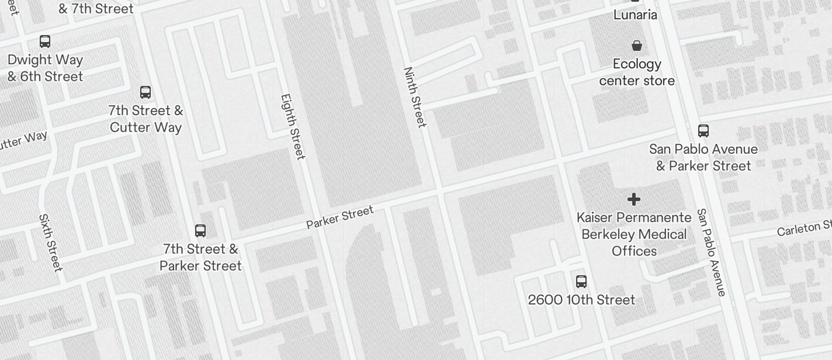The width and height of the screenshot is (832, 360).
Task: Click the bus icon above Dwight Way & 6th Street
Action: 45,41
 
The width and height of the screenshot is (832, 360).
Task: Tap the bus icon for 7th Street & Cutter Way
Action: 145,92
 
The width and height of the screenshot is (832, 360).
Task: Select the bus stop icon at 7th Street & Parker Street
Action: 200,231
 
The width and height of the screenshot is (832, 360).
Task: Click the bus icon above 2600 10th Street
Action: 581,282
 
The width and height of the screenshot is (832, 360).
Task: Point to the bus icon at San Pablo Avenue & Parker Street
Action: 703,131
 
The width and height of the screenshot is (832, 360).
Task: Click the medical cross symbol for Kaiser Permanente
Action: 634,200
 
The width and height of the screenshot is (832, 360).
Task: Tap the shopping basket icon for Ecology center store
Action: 637,46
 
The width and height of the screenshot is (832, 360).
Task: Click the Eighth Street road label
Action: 293,127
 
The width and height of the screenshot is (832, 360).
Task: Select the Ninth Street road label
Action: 415,97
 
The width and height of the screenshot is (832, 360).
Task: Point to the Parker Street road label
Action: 339,217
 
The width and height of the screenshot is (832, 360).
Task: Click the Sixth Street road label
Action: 50,243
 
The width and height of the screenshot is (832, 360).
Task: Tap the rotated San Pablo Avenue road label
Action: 712,252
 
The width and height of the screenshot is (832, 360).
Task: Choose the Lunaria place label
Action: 635,15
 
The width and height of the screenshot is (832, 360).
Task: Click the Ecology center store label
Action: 637,72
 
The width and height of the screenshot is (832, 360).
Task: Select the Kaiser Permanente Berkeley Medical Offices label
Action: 634,234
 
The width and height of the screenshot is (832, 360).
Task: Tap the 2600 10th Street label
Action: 581,300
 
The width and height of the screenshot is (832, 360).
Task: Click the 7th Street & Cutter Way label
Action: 145,119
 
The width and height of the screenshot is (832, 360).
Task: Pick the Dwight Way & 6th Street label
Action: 45,68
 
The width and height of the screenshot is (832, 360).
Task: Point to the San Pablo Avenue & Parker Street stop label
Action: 703,157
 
